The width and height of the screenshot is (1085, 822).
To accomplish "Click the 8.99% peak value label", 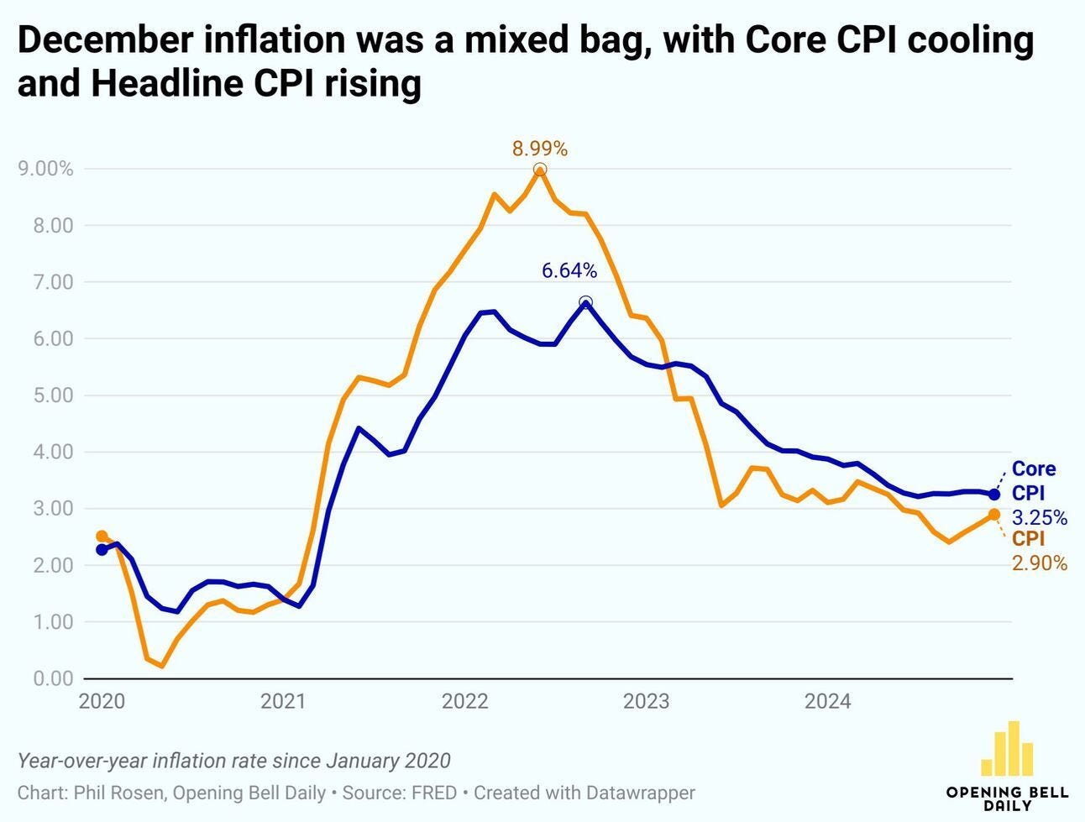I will tap(540, 149).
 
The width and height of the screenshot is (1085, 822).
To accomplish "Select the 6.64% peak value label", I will tap(569, 270).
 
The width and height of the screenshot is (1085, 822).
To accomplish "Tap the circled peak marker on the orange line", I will tap(540, 170).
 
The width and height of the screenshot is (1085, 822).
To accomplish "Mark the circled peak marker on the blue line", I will tap(585, 302).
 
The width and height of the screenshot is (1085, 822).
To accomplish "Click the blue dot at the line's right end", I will tap(994, 495).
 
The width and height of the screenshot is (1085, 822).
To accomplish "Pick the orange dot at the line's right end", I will tap(994, 514).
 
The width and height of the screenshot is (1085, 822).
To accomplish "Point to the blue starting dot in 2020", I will tap(102, 550).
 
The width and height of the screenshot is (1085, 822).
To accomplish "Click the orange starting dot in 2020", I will tap(102, 536).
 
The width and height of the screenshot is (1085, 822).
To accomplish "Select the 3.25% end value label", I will tap(1040, 518).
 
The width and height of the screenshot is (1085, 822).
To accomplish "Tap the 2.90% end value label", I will tap(1040, 564).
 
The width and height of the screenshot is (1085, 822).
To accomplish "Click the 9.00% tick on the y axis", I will tap(45, 169).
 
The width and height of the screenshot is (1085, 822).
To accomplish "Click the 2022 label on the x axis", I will tap(465, 701).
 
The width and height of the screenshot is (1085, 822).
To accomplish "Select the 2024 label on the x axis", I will tap(827, 701).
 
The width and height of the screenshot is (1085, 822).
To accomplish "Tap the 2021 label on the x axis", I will tap(283, 701).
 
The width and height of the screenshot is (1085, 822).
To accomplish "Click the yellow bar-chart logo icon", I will tap(1007, 749).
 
